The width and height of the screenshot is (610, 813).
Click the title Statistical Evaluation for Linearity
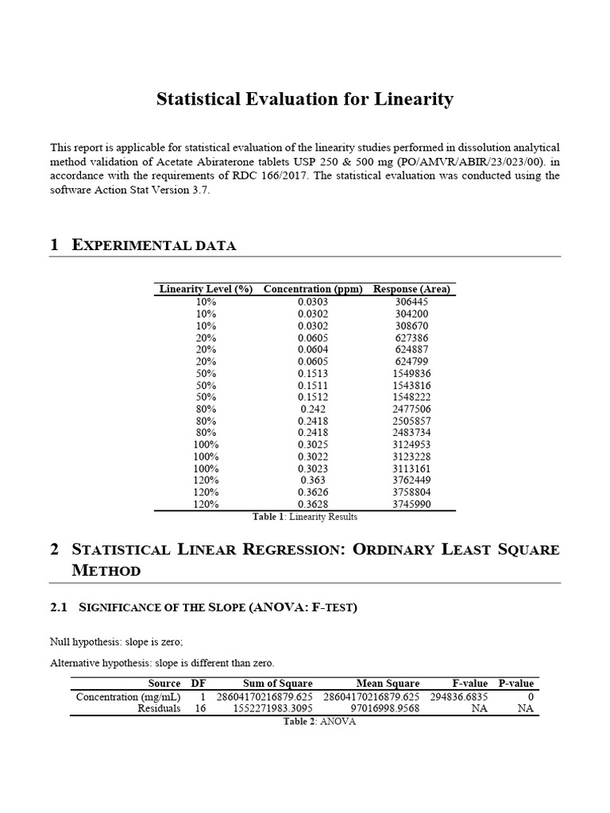305,99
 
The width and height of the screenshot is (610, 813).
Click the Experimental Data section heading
153,245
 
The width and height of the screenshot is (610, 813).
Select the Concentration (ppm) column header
312,289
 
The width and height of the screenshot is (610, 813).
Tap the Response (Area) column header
411,289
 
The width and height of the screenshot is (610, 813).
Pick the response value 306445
411,302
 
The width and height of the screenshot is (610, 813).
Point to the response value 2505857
411,421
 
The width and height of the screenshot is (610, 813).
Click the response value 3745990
411,504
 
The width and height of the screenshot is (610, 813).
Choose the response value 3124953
411,445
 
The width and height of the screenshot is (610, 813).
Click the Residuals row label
159,709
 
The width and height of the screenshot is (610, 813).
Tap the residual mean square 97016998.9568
384,709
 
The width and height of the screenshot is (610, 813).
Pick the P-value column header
515,684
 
